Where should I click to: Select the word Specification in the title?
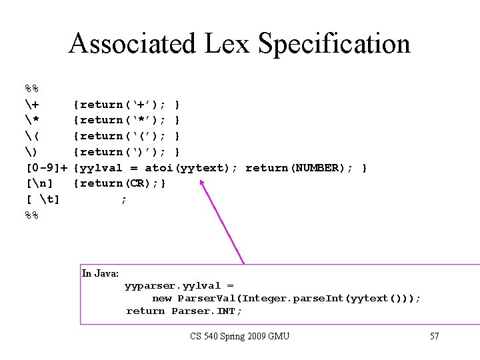334,44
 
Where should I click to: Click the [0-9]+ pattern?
47,167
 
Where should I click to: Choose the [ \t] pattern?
41,199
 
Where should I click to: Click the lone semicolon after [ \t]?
123,199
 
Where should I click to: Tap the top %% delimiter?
31,89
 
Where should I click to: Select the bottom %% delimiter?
31,215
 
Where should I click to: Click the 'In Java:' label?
100,273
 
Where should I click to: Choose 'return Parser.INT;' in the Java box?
184,311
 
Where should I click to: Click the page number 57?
434,335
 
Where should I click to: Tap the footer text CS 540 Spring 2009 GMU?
239,335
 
